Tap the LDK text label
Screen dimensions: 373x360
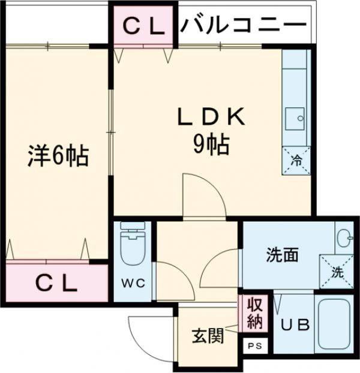(209, 117)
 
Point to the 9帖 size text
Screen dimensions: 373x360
(210, 144)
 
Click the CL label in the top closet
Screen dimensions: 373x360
(144, 25)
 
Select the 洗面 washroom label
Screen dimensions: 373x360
(282, 255)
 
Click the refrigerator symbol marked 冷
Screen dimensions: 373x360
(296, 160)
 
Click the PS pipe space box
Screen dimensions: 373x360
(255, 346)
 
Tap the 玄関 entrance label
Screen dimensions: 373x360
(208, 336)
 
